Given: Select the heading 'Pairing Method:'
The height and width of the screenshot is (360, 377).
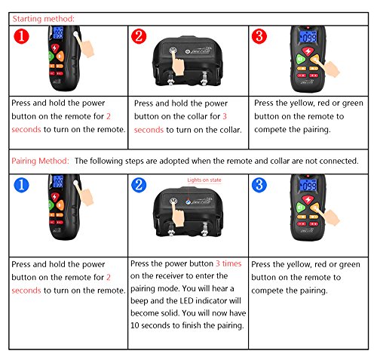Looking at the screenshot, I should coord(42,161).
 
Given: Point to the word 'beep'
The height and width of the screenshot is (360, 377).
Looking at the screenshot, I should coord(144,300).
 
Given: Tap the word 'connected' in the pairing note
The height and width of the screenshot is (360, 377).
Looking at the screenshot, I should coord(333,161).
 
